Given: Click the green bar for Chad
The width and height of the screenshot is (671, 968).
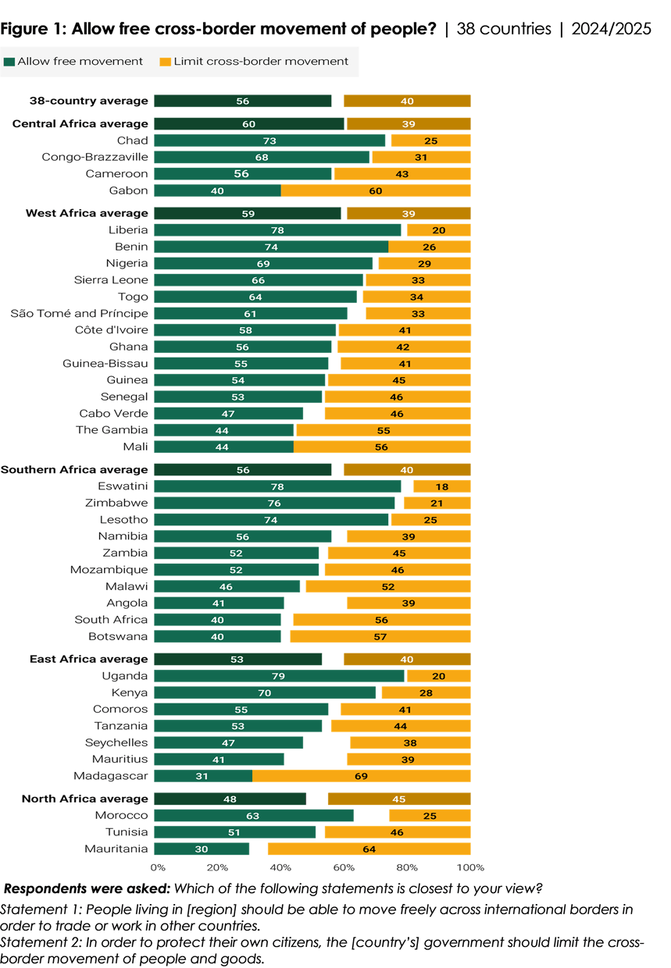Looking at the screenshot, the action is pyautogui.click(x=269, y=141).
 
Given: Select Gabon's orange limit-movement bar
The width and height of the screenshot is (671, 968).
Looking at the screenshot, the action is pyautogui.click(x=376, y=190).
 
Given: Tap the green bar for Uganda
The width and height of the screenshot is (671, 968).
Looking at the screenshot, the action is pyautogui.click(x=279, y=676).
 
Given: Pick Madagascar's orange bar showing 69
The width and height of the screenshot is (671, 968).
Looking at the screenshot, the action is pyautogui.click(x=362, y=776).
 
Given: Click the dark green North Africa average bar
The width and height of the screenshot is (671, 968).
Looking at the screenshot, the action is pyautogui.click(x=230, y=799).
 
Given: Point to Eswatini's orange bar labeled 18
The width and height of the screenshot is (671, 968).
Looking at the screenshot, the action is pyautogui.click(x=442, y=486).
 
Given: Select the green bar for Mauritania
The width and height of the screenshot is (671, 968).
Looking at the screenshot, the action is pyautogui.click(x=202, y=849).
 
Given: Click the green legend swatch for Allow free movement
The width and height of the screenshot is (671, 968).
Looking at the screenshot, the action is pyautogui.click(x=9, y=62).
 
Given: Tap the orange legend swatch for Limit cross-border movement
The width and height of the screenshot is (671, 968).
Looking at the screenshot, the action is pyautogui.click(x=165, y=62).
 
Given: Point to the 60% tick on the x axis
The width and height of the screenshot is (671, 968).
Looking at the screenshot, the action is pyautogui.click(x=344, y=867).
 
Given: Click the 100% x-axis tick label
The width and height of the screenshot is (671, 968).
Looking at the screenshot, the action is pyautogui.click(x=470, y=867).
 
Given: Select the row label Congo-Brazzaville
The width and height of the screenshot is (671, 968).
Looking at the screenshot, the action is pyautogui.click(x=95, y=157).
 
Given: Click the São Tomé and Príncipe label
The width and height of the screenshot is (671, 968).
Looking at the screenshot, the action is pyautogui.click(x=79, y=313).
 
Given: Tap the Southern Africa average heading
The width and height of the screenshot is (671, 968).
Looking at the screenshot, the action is pyautogui.click(x=74, y=470).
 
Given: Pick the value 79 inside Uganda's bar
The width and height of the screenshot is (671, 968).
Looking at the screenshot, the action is pyautogui.click(x=278, y=676).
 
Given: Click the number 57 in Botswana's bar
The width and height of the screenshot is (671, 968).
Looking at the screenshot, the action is pyautogui.click(x=380, y=636).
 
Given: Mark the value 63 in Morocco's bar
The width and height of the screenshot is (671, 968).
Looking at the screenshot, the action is pyautogui.click(x=253, y=816).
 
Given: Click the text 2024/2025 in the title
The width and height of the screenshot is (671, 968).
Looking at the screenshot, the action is pyautogui.click(x=611, y=29).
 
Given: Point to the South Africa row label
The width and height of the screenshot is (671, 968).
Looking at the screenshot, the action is pyautogui.click(x=111, y=620).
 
